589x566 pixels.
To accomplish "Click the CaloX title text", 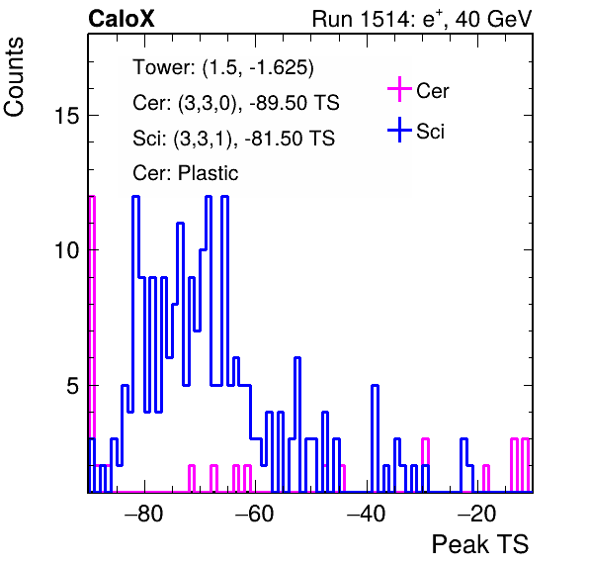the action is point(122,19).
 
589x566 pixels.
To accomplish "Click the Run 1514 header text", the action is point(422,19).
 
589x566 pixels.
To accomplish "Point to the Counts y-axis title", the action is point(14,77).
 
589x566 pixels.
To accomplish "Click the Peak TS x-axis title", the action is point(480,544).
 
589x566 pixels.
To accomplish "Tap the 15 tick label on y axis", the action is point(67,115).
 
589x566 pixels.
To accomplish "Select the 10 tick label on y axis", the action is point(67,250).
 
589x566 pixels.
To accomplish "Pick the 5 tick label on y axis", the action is point(73,386).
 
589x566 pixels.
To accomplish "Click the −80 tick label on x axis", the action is point(144,514).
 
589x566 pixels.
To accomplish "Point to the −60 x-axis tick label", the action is point(255,514).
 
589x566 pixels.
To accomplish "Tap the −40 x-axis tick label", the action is point(366,514).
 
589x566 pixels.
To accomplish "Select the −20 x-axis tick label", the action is point(477,514).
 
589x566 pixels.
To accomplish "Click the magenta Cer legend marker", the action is point(399,89).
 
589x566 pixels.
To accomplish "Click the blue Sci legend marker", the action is point(399,130).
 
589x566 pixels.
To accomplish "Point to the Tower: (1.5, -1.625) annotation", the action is point(223,67).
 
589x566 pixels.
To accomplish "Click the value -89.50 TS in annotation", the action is point(294,103).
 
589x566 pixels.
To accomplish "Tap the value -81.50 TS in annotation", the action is point(290,138).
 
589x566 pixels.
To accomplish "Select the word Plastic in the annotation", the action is point(209,173).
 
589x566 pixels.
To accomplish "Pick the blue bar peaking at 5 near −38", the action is point(375,438).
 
